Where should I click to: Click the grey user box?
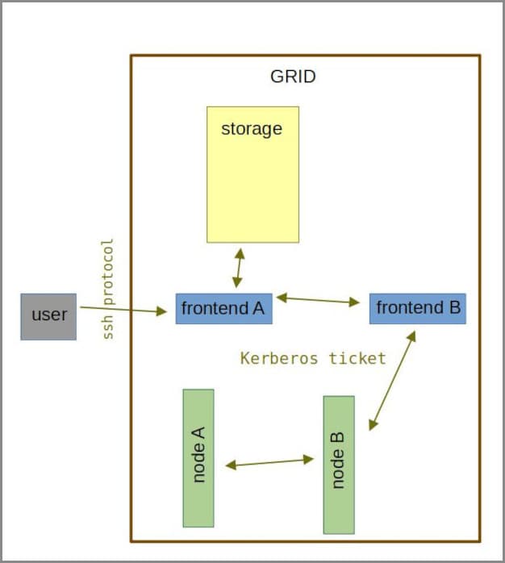[x=48, y=316]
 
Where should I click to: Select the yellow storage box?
[x=252, y=174]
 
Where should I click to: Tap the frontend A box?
[x=223, y=309]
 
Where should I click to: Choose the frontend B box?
[x=417, y=309]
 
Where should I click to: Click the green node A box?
[x=198, y=457]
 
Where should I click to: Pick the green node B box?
[x=339, y=465]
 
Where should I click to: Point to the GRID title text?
[x=293, y=77]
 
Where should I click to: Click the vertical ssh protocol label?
[x=109, y=288]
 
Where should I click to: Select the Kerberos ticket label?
[x=313, y=358]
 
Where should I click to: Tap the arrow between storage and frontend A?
[x=237, y=269]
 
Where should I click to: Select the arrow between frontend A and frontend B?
[x=318, y=301]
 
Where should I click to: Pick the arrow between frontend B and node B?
[x=392, y=379]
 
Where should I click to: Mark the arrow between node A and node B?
[x=269, y=462]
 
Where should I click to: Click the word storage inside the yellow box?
[x=252, y=129]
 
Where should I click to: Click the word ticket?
[x=357, y=358]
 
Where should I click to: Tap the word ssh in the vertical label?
[x=109, y=326]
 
